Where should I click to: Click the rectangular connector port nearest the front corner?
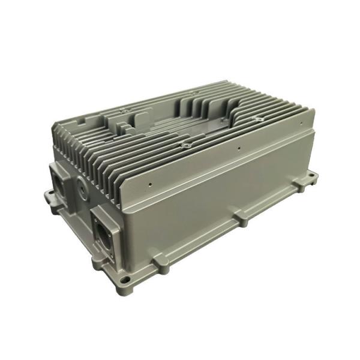[103, 230]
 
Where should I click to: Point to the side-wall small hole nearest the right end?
[299, 122]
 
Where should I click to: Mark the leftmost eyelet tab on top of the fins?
[124, 111]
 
